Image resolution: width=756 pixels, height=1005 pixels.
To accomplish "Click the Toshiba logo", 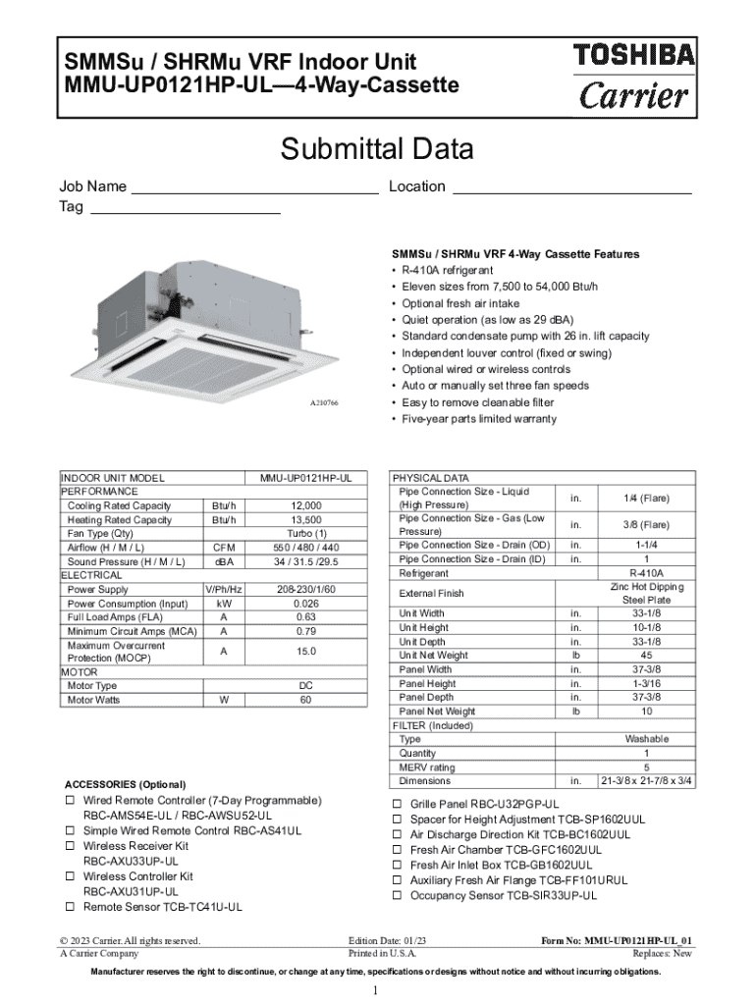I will tap(634, 55).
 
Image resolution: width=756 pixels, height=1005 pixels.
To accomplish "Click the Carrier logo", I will tap(634, 96).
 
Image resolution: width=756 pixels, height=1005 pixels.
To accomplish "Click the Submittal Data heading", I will tap(377, 150).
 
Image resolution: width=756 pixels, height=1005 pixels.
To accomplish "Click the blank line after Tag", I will tap(185, 210).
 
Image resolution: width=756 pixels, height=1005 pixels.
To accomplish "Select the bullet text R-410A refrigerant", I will tap(447, 270).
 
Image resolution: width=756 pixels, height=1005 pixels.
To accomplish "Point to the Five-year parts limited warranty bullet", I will tap(478, 419).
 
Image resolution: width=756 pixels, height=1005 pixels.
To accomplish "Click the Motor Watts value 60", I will tap(305, 700).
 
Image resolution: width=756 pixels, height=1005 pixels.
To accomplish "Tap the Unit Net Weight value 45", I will tap(645, 656).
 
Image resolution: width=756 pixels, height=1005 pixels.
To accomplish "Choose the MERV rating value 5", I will tap(645, 767).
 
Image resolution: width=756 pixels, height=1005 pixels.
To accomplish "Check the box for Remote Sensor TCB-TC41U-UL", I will tap(71, 907).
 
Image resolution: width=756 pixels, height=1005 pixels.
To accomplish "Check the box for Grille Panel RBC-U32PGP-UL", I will tap(398, 804).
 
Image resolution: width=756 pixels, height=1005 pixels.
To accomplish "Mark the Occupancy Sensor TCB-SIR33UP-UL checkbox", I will tap(398, 896).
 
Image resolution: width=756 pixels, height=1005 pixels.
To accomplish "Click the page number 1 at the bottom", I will tap(375, 990).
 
